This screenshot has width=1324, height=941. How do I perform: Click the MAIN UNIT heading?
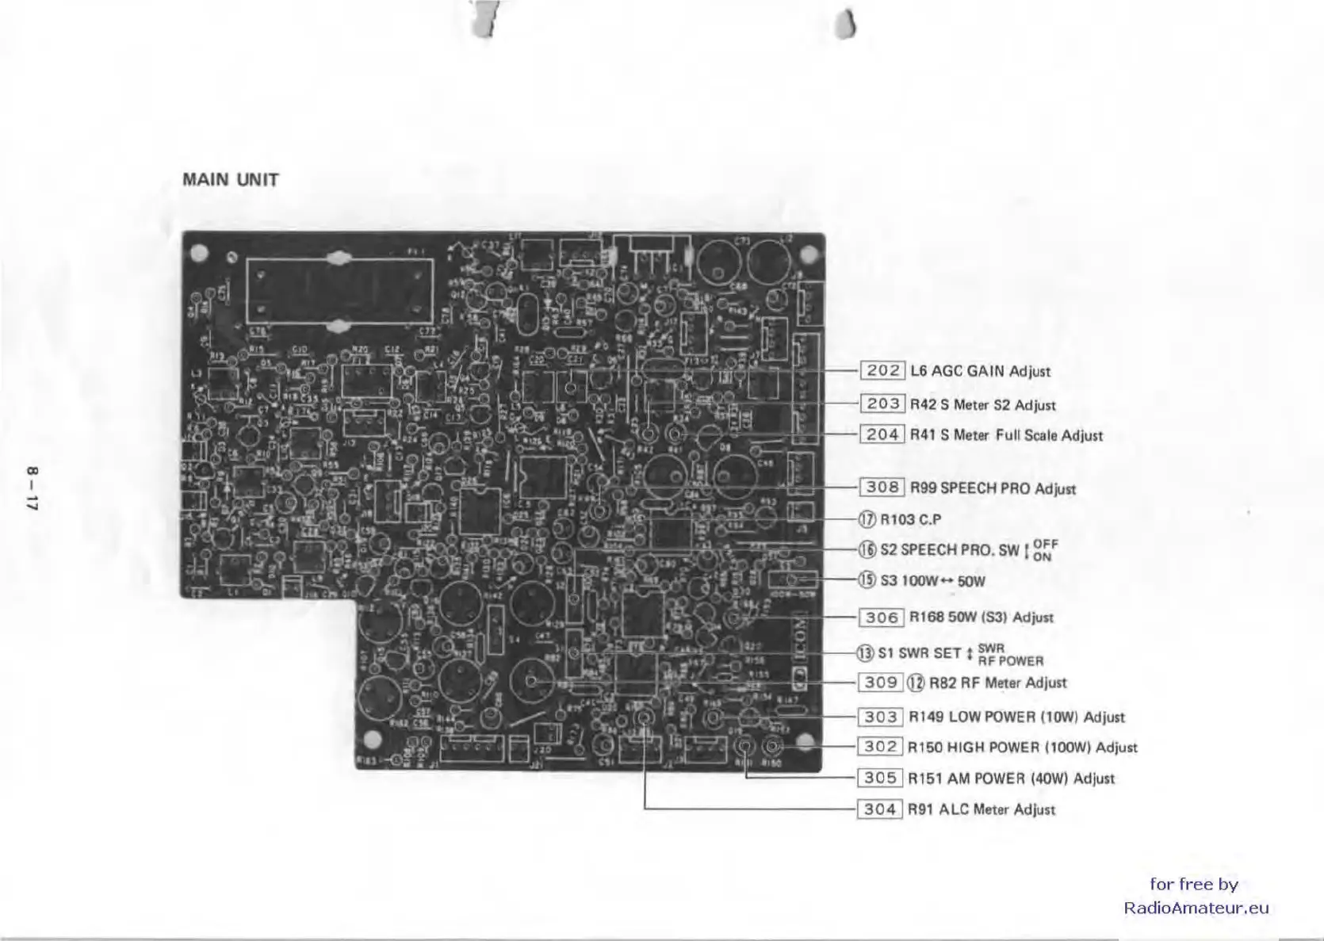[x=231, y=179]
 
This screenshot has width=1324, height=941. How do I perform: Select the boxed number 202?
[x=882, y=370]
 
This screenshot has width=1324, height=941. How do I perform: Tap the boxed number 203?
[x=882, y=404]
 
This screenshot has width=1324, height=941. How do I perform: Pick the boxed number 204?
[x=882, y=434]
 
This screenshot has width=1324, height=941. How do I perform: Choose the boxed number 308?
[x=882, y=487]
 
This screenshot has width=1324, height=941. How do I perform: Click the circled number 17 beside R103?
[x=867, y=519]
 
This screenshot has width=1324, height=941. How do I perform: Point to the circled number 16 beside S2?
[x=867, y=549]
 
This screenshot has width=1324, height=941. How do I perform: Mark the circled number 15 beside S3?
[x=867, y=580]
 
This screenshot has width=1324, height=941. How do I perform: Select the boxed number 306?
[x=882, y=617]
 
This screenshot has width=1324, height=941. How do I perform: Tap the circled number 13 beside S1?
[x=865, y=653]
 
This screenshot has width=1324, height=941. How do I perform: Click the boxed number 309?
[x=881, y=682]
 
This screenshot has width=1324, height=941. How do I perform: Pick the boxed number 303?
[x=880, y=717]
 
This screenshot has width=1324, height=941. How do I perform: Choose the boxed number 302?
[x=880, y=747]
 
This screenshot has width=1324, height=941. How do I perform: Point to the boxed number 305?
[x=880, y=778]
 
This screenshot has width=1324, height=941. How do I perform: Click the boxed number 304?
[x=880, y=809]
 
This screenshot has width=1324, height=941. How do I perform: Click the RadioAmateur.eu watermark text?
[x=1196, y=908]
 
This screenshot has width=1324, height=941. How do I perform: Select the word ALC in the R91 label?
[x=954, y=809]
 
